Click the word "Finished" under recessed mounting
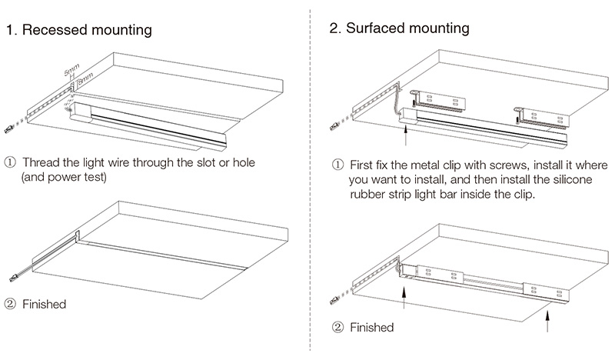45,305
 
